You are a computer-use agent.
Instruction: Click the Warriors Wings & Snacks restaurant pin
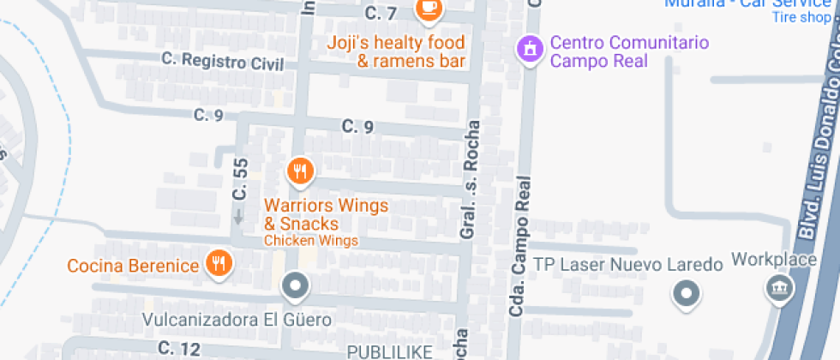click(x=299, y=171)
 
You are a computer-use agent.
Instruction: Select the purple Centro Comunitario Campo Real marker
click(x=531, y=48)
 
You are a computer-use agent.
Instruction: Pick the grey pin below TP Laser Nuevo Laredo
click(x=686, y=296)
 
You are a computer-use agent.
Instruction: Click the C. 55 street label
click(x=240, y=179)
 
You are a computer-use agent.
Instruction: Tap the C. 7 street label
click(x=381, y=14)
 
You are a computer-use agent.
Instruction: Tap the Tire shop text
click(x=803, y=17)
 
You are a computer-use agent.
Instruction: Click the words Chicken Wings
click(x=311, y=241)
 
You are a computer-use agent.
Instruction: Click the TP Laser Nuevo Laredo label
click(x=629, y=264)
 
